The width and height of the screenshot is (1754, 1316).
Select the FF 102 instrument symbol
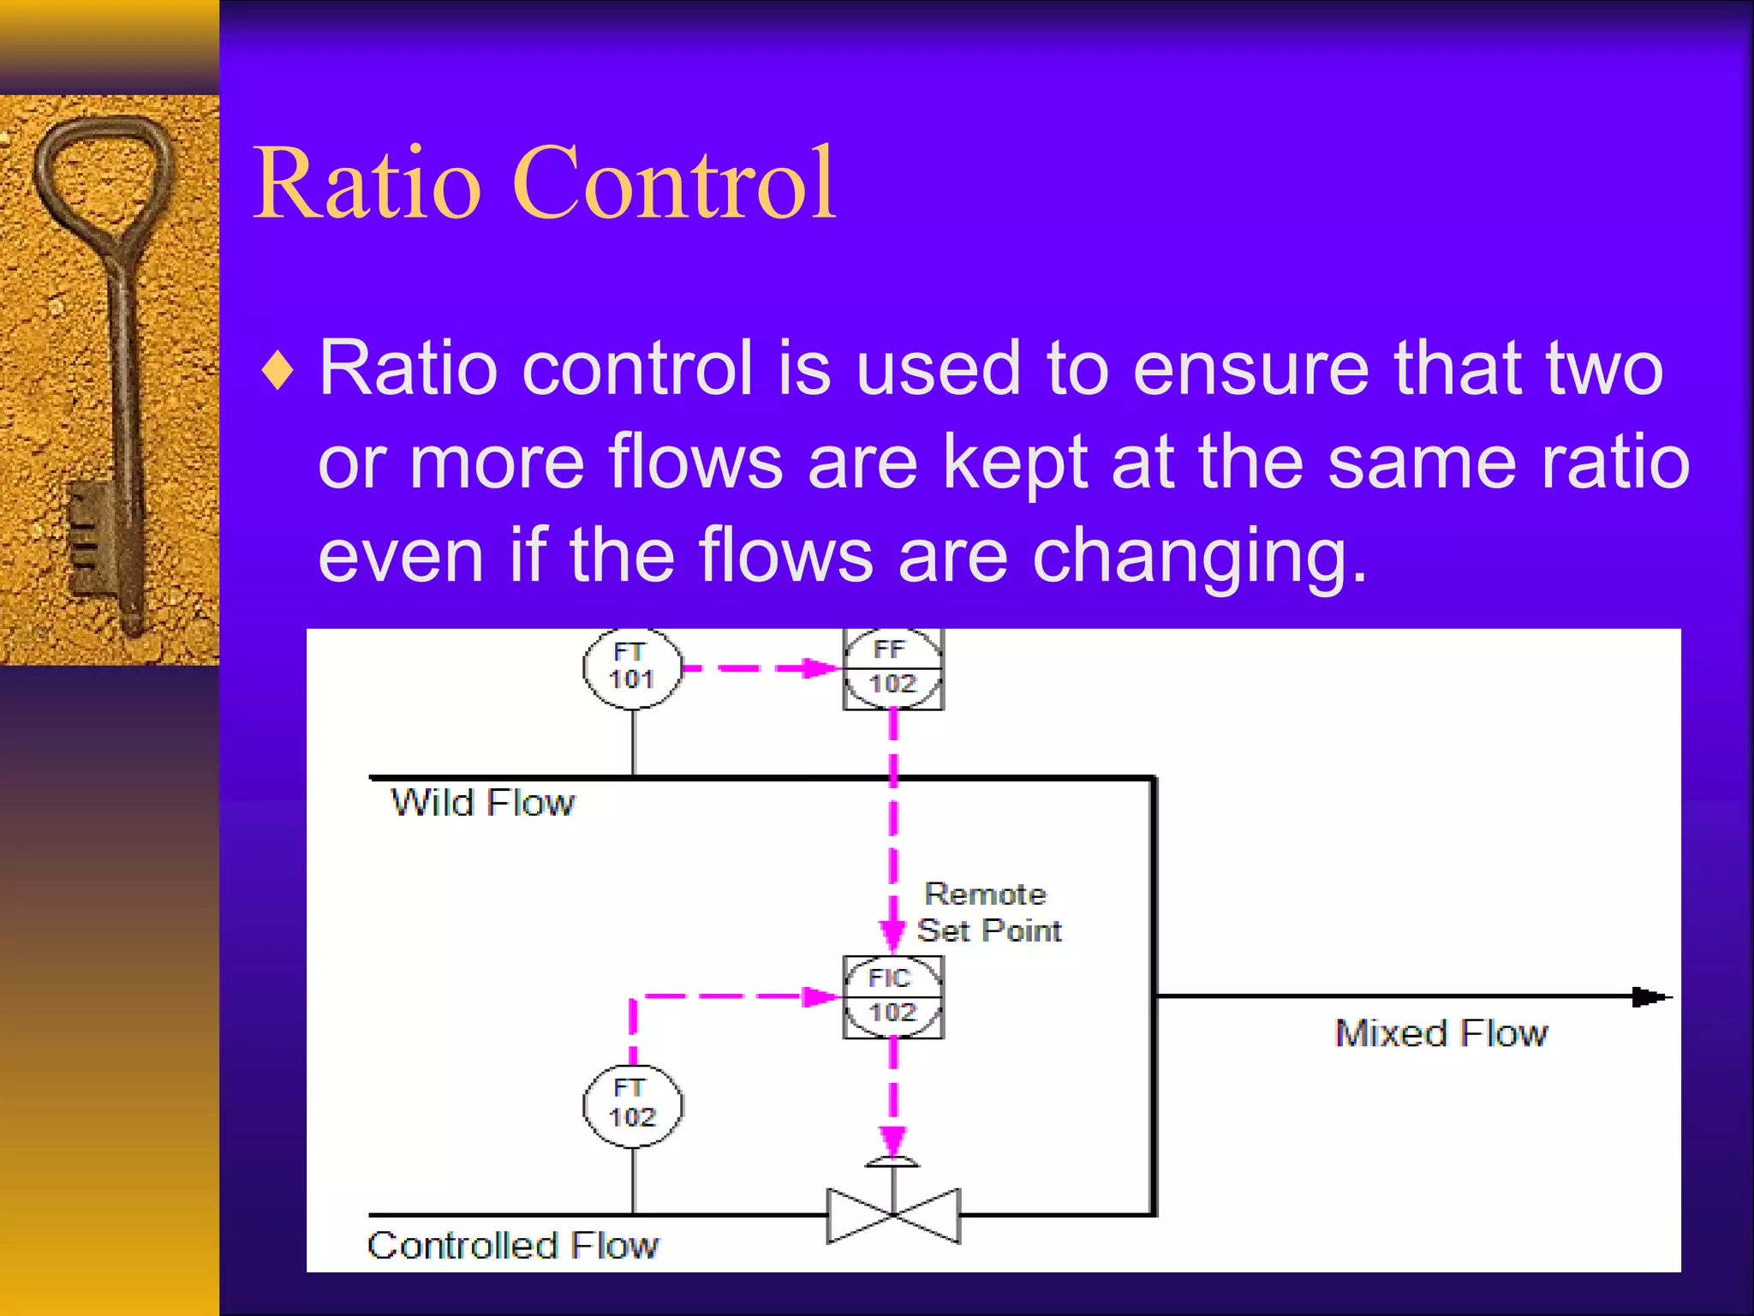click(892, 667)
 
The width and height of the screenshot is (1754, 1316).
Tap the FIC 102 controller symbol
click(892, 996)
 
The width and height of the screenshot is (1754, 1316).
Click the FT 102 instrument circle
click(632, 1105)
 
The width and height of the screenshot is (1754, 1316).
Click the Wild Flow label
click(482, 804)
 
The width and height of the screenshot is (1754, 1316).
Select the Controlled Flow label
click(512, 1246)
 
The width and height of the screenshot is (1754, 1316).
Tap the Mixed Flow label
click(1441, 1033)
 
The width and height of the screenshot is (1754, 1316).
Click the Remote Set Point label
click(987, 912)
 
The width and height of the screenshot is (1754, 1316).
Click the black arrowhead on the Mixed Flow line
click(1650, 997)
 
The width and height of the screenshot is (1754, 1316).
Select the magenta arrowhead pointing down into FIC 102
click(892, 934)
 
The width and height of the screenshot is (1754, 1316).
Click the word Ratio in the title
click(367, 182)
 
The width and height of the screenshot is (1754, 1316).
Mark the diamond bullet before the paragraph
click(278, 370)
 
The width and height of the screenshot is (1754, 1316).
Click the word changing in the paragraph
click(1199, 557)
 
